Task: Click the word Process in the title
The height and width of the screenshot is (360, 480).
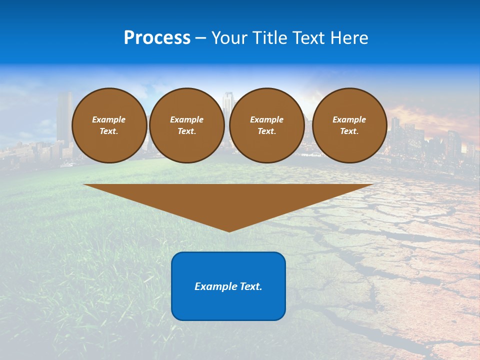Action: coord(157,38)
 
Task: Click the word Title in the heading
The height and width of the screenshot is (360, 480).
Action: coord(271,38)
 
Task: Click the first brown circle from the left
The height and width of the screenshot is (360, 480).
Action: coord(109,125)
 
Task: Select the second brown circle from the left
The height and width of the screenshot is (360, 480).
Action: coord(186,125)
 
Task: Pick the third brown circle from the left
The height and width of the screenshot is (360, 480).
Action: coord(266,125)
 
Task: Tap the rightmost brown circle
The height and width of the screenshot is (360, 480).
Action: coord(349,125)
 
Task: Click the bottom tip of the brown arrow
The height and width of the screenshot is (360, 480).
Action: coord(229,231)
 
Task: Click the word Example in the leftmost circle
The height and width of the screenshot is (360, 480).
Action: coord(109,119)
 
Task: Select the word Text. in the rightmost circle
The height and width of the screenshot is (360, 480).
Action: coord(349,131)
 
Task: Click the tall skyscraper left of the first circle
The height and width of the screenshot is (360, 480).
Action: coord(64,115)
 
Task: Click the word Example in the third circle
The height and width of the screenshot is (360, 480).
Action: coord(266,119)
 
